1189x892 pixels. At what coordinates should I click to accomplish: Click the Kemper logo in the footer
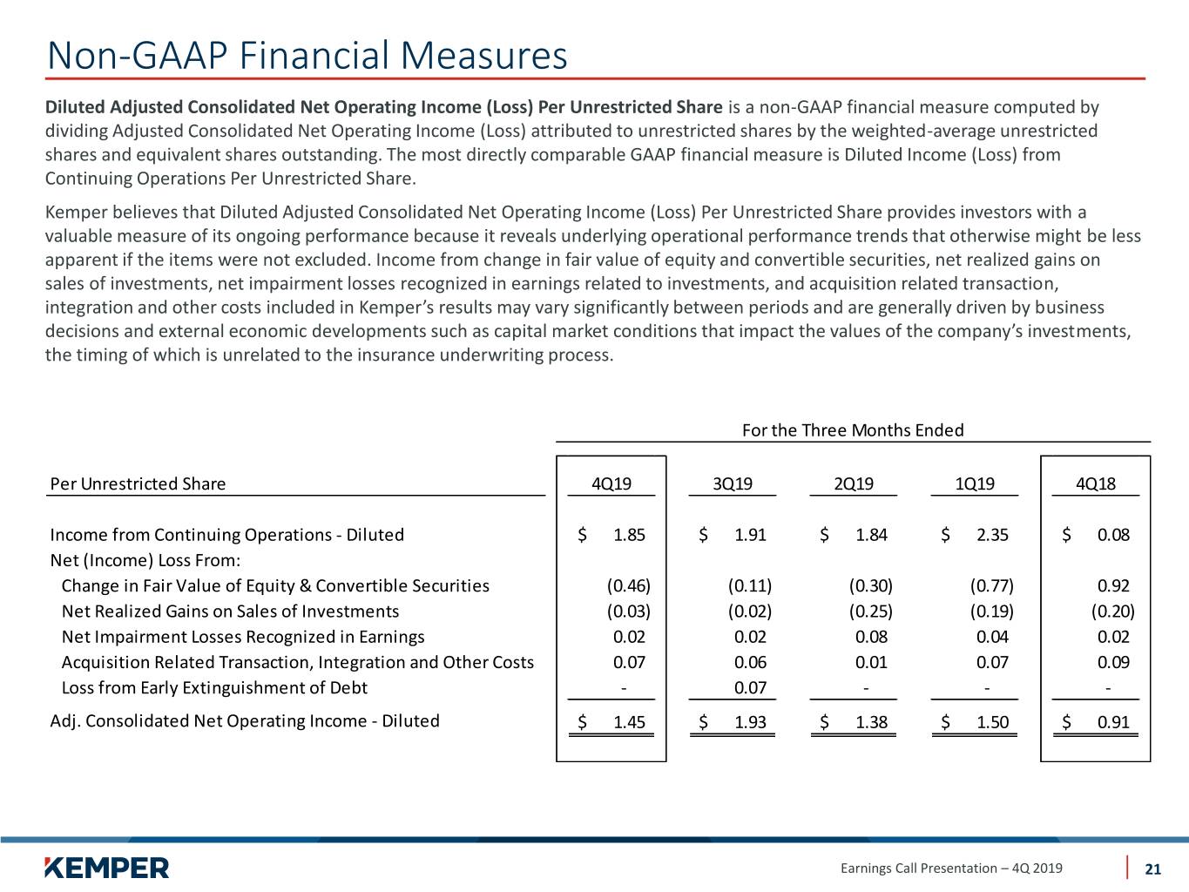coord(107,868)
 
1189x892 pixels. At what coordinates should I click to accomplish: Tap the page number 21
coord(1152,868)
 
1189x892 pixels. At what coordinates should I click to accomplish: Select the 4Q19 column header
coord(611,483)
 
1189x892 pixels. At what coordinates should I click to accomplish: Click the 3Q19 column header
coord(733,483)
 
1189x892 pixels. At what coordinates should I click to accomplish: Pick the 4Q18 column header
coord(1095,483)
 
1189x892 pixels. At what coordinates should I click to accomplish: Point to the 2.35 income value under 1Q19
coord(992,535)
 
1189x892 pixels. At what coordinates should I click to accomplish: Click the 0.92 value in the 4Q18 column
coord(1113,585)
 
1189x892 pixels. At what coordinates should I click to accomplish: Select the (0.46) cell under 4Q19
coord(628,585)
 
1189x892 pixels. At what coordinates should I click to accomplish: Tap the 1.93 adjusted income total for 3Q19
coord(750,722)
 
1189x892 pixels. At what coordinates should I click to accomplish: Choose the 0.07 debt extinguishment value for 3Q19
coord(750,688)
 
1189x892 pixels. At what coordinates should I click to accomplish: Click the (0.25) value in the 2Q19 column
coord(870,611)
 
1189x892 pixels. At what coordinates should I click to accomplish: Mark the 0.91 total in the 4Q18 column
coord(1113,722)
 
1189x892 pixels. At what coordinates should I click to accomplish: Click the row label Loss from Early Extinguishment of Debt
coord(214,688)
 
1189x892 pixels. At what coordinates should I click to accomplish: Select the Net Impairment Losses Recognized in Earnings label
coord(243,637)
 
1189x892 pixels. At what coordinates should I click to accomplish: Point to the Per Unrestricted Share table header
coord(138,483)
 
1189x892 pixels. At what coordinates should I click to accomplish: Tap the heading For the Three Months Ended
coord(853,430)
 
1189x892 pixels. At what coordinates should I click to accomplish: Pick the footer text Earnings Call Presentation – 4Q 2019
coord(951,868)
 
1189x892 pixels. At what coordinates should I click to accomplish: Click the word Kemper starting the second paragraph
coord(76,213)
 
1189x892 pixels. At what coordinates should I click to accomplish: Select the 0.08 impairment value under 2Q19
coord(871,637)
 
